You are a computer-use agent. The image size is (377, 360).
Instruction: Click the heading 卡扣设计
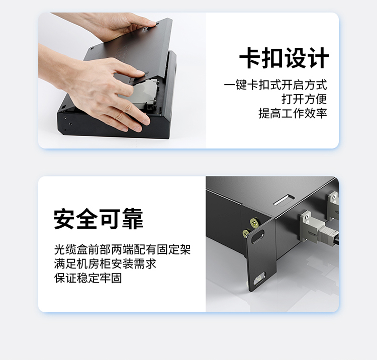tap(284, 58)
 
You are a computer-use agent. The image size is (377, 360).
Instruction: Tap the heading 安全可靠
tap(99, 219)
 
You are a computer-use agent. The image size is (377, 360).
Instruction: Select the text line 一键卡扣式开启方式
tap(275, 85)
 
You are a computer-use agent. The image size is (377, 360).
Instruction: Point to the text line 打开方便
tap(305, 99)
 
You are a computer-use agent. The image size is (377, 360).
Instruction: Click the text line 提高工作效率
tap(293, 113)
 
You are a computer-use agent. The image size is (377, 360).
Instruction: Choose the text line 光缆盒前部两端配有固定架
tap(122, 249)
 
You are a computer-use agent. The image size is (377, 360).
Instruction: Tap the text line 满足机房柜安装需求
tap(105, 263)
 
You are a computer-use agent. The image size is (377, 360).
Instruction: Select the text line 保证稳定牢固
tap(88, 278)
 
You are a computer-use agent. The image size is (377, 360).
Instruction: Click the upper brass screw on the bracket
tap(254, 223)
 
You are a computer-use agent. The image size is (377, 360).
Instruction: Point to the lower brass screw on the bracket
tap(246, 233)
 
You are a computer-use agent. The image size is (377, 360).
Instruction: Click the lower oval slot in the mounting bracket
tap(260, 279)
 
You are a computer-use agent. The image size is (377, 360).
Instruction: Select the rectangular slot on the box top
tap(284, 200)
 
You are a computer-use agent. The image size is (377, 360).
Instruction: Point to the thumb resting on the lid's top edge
tap(150, 24)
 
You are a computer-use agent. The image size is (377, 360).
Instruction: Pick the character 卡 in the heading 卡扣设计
tap(249, 58)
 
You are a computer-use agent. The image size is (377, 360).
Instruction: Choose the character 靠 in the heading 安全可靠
tap(133, 219)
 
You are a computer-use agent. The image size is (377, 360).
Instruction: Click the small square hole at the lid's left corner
tap(92, 49)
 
